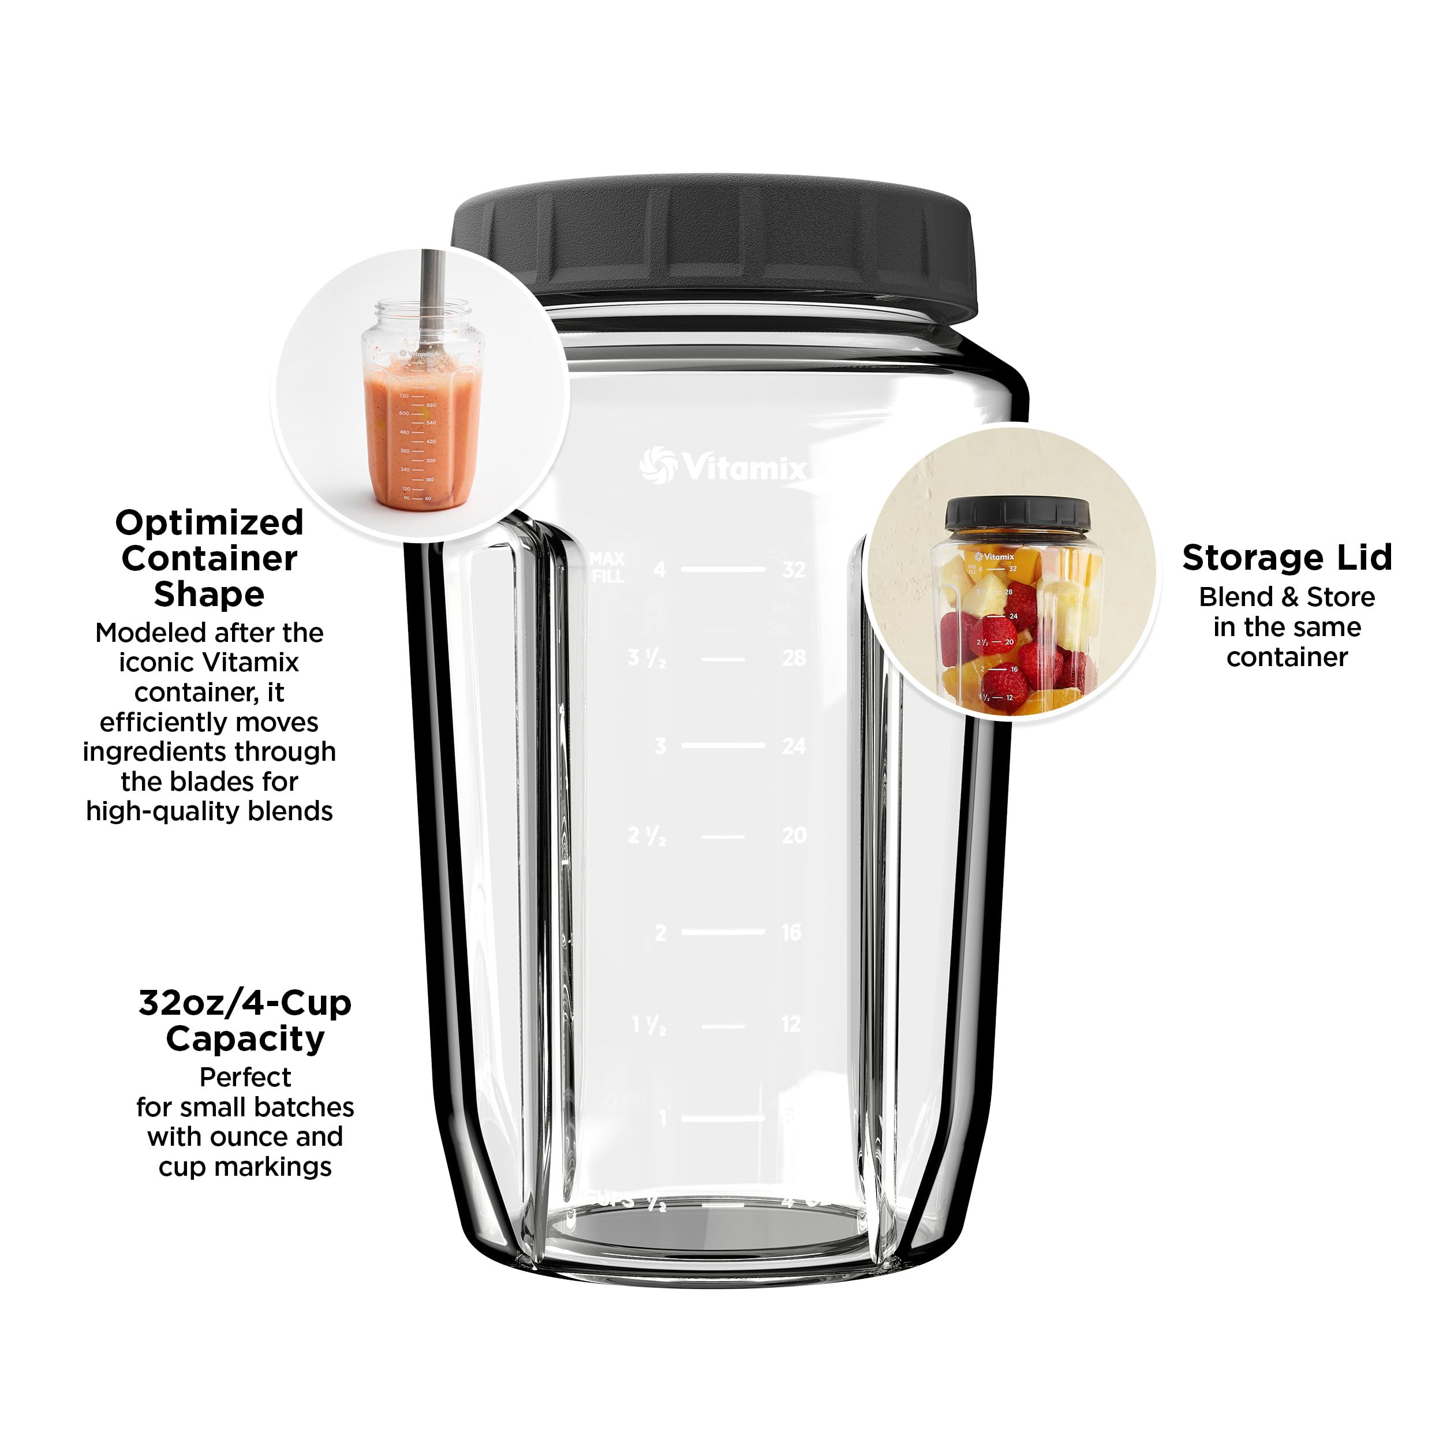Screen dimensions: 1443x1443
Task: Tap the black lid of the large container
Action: click(713, 239)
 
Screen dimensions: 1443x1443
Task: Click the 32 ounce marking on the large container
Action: click(794, 570)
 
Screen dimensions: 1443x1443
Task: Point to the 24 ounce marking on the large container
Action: click(794, 745)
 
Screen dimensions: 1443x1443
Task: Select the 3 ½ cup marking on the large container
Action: click(646, 658)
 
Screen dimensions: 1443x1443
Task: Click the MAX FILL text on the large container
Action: click(607, 567)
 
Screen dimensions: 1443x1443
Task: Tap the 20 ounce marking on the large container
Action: click(794, 835)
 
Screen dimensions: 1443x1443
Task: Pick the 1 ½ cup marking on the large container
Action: click(648, 1025)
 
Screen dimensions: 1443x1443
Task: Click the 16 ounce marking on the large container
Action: click(792, 932)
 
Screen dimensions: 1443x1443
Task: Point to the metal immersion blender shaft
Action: click(432, 291)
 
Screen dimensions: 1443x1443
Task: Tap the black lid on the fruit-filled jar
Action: click(1017, 514)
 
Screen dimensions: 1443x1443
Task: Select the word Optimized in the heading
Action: click(209, 522)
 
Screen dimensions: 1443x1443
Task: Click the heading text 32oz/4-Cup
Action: click(245, 1003)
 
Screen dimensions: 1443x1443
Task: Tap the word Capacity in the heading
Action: click(245, 1039)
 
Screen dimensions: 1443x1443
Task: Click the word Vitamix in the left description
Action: click(250, 663)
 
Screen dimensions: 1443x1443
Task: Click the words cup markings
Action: click(245, 1167)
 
